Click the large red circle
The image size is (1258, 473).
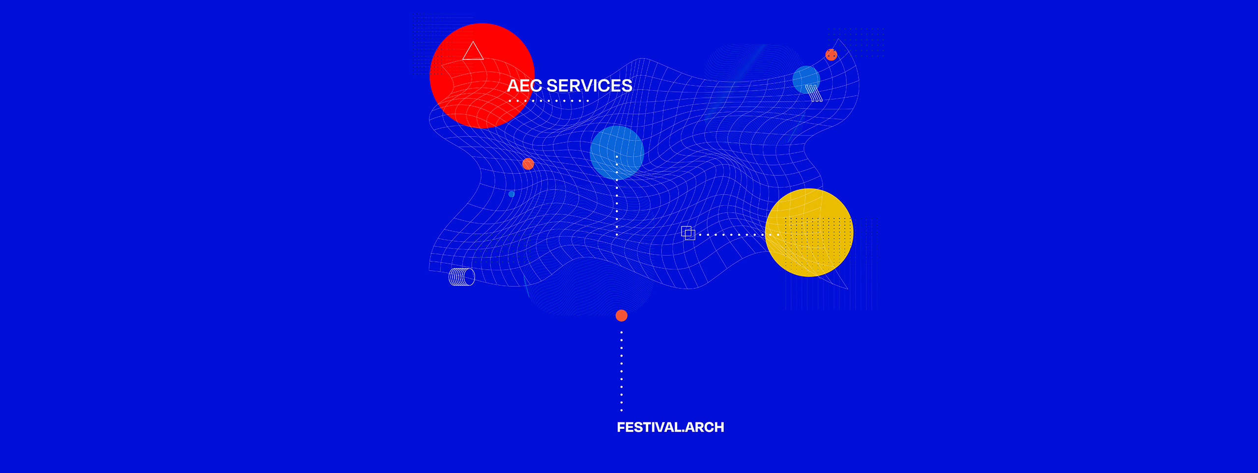coord(482,76)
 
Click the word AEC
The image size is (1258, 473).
coord(524,86)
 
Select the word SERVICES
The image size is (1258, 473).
coord(589,86)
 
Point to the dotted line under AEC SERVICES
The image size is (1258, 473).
coord(549,101)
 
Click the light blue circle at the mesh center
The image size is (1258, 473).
coord(617,152)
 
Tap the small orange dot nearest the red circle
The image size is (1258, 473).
coord(528,164)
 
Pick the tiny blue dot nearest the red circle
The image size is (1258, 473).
coord(512,194)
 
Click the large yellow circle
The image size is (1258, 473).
coord(809,232)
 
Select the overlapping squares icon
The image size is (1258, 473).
coord(688,233)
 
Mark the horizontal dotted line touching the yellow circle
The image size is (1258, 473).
coord(739,235)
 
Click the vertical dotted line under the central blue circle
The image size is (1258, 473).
coord(617,195)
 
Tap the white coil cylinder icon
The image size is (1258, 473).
coord(462,277)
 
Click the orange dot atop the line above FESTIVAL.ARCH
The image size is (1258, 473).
coord(622,315)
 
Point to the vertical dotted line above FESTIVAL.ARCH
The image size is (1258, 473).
coord(622,371)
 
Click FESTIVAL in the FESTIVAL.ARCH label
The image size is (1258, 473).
coord(649,427)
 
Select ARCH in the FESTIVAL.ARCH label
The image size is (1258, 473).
coord(705,427)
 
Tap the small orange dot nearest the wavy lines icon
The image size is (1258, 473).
coord(831,55)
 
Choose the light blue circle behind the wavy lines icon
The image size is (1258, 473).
coord(806,80)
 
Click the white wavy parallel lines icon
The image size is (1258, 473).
coord(814,93)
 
